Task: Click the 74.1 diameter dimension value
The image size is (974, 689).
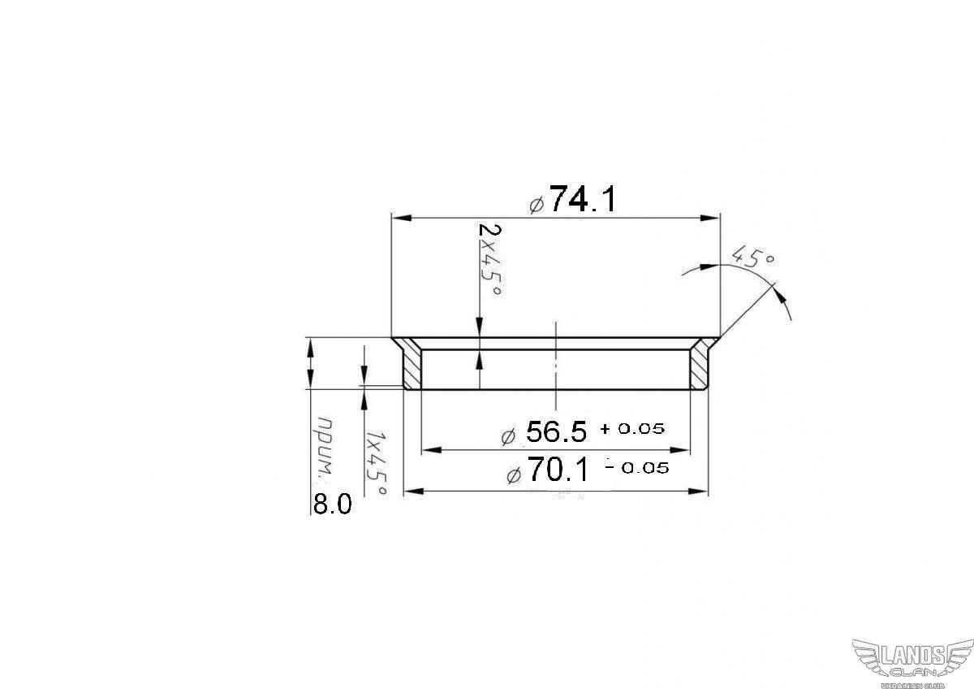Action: (x=583, y=199)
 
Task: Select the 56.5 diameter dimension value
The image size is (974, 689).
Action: (x=556, y=431)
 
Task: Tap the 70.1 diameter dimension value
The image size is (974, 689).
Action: (x=558, y=470)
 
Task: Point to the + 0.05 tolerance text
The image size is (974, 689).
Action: (x=632, y=429)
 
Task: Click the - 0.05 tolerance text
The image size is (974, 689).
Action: (x=637, y=468)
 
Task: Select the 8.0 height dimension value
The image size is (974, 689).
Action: (x=332, y=505)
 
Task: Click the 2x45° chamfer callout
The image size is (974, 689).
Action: (x=489, y=260)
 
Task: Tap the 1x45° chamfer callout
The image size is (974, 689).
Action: (x=376, y=463)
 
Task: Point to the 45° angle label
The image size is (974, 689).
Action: (x=753, y=256)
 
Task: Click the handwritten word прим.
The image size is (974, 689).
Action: (x=326, y=447)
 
